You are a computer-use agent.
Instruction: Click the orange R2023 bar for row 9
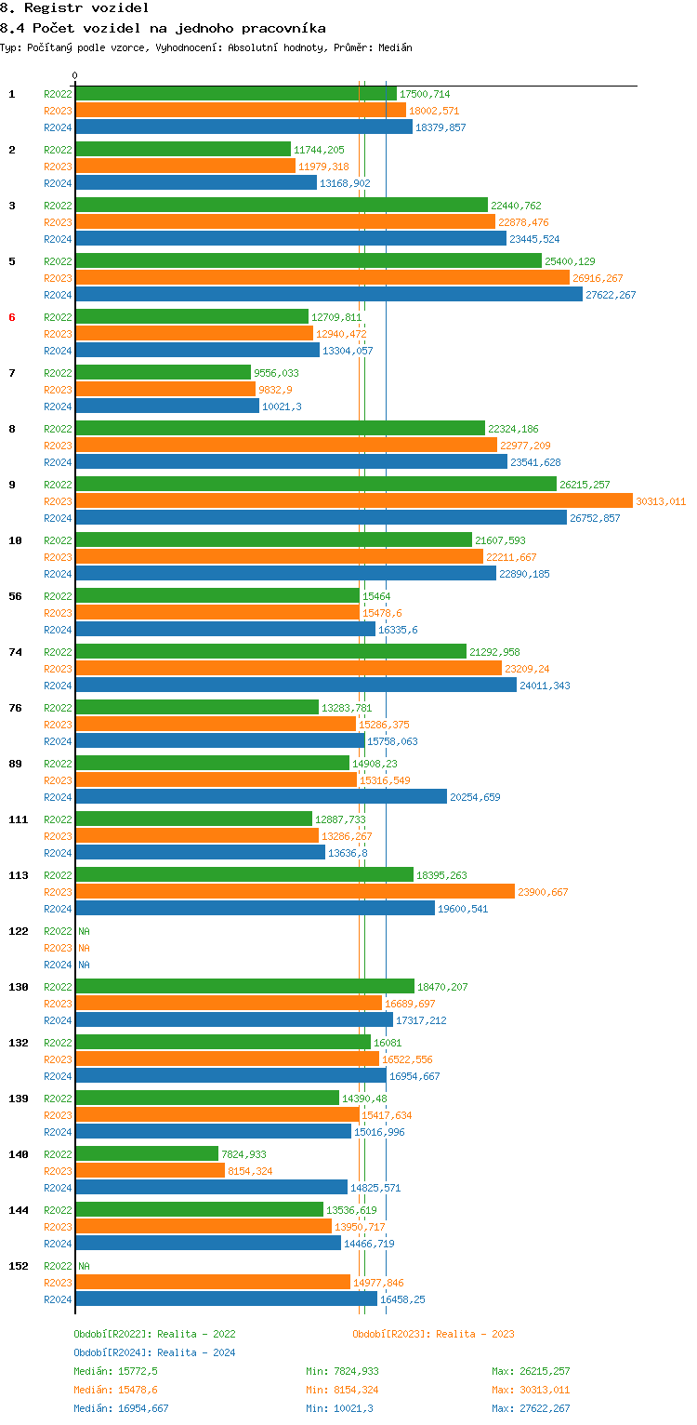[353, 501]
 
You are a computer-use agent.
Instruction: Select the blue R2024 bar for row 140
[211, 1188]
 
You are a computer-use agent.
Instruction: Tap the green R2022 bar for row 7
[163, 373]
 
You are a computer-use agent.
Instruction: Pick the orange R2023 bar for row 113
[295, 892]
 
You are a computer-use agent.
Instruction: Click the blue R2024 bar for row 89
[260, 797]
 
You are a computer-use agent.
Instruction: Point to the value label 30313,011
[661, 501]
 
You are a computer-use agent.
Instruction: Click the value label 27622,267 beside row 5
[611, 295]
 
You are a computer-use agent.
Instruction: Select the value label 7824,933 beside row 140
[243, 1154]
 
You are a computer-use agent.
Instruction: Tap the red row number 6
[12, 317]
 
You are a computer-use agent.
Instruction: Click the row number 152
[18, 1266]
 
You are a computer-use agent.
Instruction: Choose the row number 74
[15, 652]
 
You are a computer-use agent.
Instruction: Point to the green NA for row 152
[84, 1266]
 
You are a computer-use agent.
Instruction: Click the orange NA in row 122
[84, 948]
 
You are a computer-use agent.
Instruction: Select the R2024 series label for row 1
[58, 127]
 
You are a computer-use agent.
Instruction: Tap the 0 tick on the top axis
[75, 76]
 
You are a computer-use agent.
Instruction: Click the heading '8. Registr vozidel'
[74, 7]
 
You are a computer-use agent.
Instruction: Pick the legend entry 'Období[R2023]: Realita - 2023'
[433, 1334]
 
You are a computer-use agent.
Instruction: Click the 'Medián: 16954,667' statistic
[121, 1408]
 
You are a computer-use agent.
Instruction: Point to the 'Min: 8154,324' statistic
[342, 1390]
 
